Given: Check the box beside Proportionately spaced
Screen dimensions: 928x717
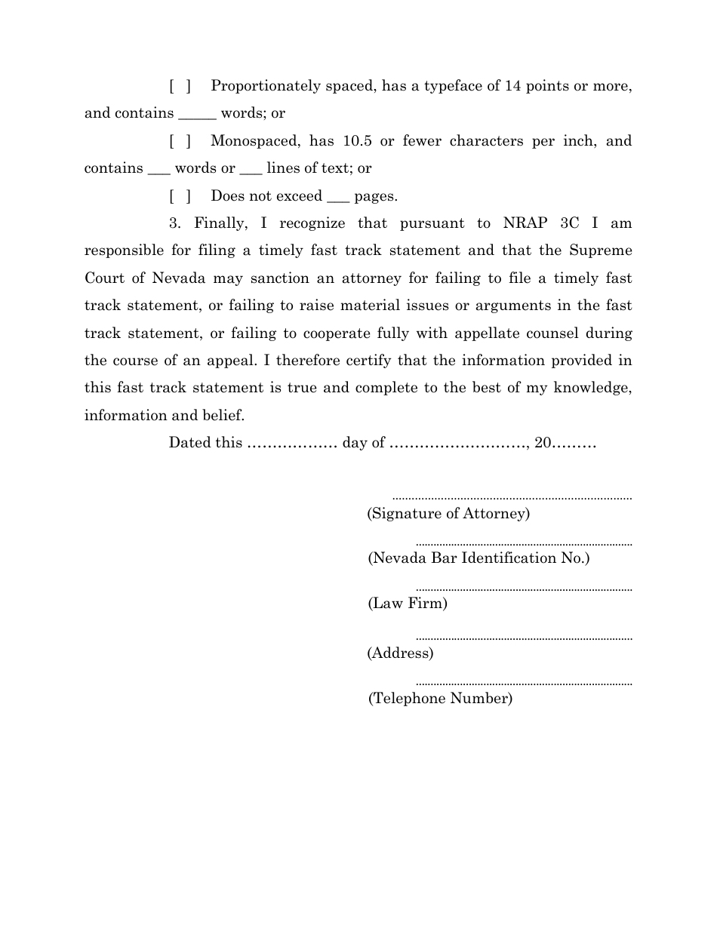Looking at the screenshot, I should (x=180, y=86).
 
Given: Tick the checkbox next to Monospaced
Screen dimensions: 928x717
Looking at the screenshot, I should (x=180, y=141).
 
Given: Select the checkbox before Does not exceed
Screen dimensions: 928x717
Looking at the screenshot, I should (x=180, y=196).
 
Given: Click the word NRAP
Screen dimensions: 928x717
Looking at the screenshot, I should (x=524, y=223).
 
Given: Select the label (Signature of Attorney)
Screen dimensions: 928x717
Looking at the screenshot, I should (x=448, y=514).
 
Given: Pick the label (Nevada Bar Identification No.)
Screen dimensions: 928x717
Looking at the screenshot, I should (x=479, y=558).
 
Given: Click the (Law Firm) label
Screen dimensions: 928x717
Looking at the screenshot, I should (x=408, y=604).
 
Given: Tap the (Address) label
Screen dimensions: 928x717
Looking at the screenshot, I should (x=400, y=653).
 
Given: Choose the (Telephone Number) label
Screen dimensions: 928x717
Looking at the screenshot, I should (x=440, y=699).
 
